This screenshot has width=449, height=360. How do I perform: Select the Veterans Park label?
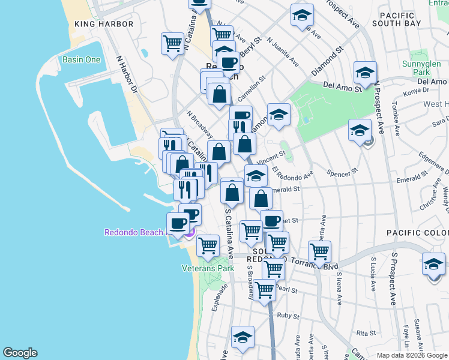click(x=208, y=268)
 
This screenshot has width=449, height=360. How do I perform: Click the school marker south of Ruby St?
click(x=243, y=337)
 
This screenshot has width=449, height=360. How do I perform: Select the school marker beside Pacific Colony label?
click(x=434, y=264)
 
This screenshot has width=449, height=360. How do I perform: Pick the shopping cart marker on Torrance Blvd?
click(x=319, y=251)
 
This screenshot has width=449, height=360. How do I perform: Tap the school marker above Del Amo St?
click(x=364, y=73)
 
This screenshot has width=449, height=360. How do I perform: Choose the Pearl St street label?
click(x=288, y=289)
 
